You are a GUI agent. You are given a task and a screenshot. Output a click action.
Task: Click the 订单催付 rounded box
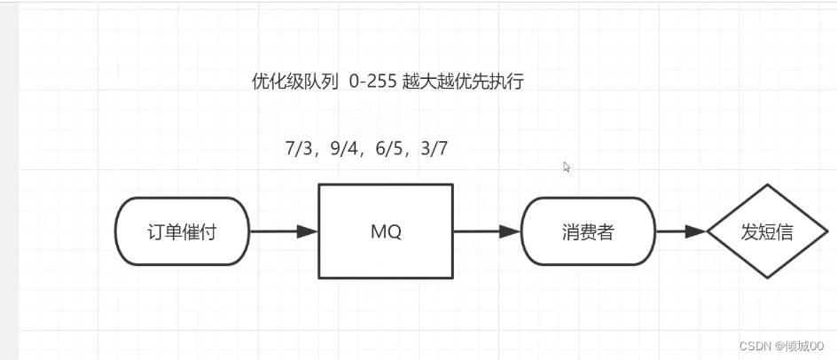[x=182, y=231]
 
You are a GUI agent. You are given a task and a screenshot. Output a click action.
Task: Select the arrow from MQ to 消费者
[x=486, y=231]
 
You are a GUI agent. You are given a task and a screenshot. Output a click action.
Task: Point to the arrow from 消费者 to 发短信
[x=680, y=231]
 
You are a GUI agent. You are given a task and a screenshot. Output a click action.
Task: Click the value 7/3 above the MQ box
[x=301, y=149]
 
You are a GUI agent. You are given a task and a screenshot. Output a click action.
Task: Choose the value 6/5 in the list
[x=391, y=149]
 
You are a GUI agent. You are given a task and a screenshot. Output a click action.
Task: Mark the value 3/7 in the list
[x=435, y=149]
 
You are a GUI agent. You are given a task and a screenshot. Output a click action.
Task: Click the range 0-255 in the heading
[x=374, y=82]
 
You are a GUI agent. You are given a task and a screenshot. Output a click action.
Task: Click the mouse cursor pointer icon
[x=567, y=166]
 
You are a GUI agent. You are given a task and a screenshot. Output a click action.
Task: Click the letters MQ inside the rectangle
[x=386, y=231]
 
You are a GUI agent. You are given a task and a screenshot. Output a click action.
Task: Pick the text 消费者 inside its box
[x=588, y=232]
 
